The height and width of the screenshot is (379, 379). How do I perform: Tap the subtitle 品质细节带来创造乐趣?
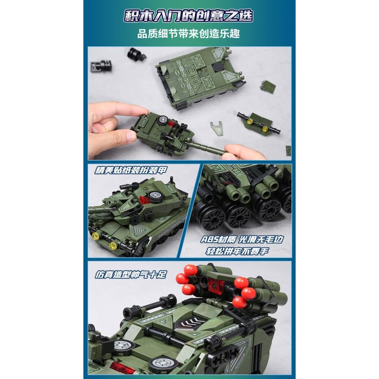click(x=189, y=34)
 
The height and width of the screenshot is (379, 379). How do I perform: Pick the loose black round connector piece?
click(x=135, y=55)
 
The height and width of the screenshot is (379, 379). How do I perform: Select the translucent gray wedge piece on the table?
click(x=218, y=127)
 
